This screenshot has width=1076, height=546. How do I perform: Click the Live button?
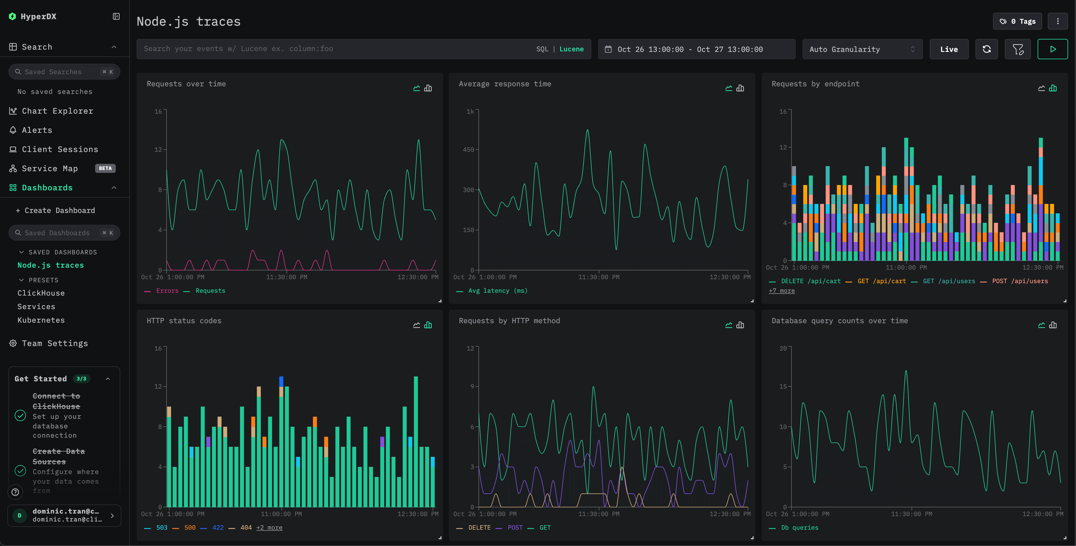pos(949,49)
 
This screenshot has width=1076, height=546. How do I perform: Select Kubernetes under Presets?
pos(41,320)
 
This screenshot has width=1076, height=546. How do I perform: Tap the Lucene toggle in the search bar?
pos(571,49)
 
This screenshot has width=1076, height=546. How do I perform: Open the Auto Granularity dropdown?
pos(862,49)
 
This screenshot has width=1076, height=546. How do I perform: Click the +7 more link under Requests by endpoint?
pos(782,291)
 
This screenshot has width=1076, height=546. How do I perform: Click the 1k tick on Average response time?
pos(470,111)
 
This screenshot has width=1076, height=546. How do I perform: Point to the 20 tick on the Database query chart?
pos(783,349)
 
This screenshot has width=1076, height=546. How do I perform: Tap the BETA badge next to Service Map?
pos(105,168)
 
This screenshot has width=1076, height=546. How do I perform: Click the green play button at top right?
pos(1053,49)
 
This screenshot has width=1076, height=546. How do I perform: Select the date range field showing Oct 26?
pos(696,49)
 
